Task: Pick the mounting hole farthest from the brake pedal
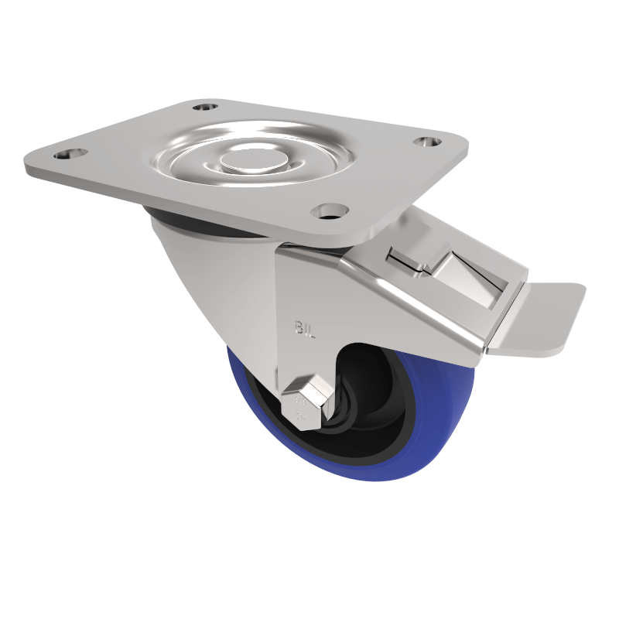click(65, 154)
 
